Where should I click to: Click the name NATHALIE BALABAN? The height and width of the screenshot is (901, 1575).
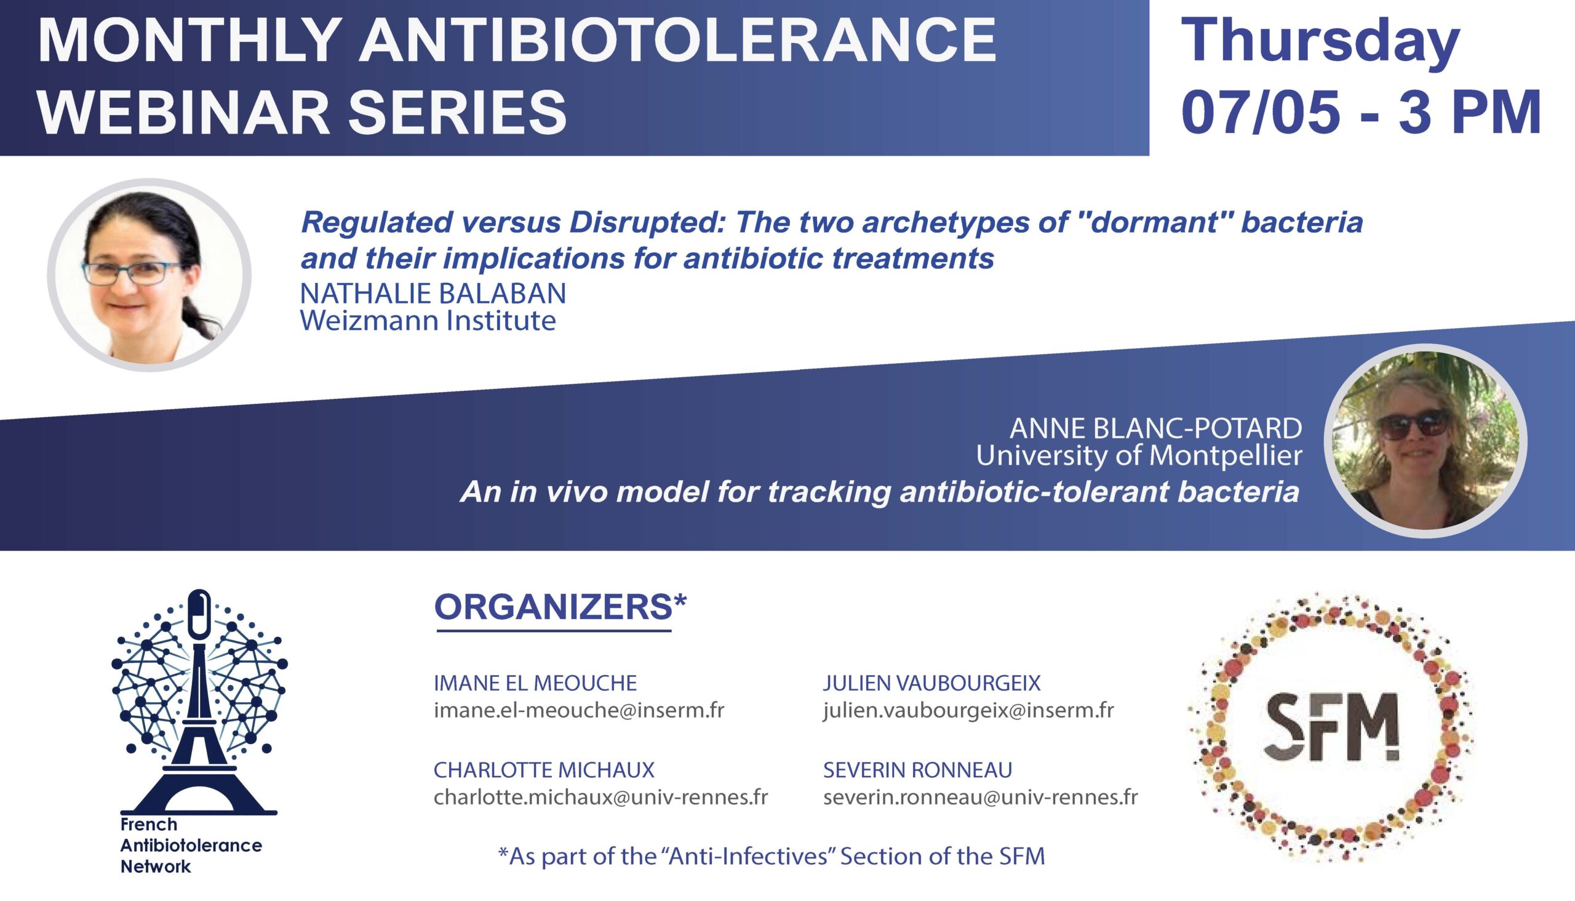[x=433, y=294]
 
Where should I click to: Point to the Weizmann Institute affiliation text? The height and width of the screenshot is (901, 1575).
[x=428, y=321]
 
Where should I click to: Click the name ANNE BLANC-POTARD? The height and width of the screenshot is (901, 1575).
[x=1155, y=428]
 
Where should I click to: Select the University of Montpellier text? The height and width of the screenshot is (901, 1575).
[x=1139, y=456]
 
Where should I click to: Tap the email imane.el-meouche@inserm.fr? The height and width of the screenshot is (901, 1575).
[x=579, y=710]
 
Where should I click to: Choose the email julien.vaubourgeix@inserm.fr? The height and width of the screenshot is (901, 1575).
[x=968, y=710]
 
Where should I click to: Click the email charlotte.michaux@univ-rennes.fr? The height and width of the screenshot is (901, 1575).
[x=600, y=797]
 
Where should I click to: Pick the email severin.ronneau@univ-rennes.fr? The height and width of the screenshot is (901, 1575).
[x=981, y=797]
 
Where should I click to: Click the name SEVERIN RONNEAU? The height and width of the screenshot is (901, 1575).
[x=917, y=770]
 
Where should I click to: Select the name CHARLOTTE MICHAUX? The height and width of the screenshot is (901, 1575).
[x=544, y=770]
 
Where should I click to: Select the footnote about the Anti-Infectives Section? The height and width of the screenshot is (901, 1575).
[x=772, y=857]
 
